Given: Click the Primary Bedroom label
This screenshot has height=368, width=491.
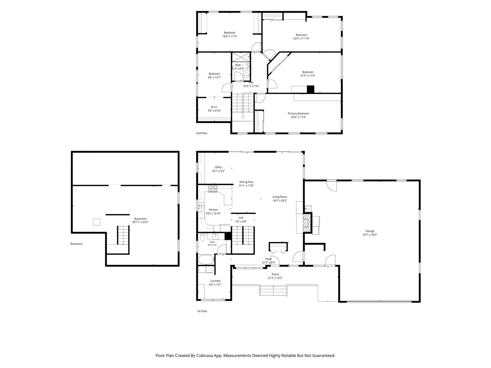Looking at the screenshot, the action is (x=298, y=113).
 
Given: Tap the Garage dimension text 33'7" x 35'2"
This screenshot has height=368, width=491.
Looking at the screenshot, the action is (x=370, y=235).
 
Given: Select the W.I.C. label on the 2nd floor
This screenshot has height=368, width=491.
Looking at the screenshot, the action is (x=214, y=107).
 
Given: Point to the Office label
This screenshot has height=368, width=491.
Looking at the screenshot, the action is (x=218, y=167).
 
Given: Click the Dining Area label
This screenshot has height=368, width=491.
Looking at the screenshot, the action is (x=246, y=182).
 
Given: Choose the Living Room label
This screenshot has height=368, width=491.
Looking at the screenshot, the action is (x=280, y=197).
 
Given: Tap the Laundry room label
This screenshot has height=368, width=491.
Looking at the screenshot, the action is (x=215, y=281).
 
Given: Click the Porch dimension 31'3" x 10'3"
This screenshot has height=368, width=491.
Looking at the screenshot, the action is (x=275, y=278).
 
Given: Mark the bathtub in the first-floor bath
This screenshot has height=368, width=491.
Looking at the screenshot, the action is (x=206, y=260).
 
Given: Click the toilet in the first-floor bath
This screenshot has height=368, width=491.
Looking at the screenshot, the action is (x=202, y=237).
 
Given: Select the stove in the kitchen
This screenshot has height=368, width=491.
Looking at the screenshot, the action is (x=213, y=189).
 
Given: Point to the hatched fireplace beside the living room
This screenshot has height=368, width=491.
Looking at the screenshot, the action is (x=307, y=223).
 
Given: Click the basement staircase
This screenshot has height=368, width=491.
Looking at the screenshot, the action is (x=123, y=235).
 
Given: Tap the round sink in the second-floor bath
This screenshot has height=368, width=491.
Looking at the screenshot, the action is (x=247, y=76).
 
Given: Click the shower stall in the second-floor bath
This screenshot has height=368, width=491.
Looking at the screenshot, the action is (x=241, y=58).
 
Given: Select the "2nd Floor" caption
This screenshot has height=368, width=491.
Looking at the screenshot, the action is (x=202, y=133).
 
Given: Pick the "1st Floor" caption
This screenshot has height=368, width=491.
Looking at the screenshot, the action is (x=202, y=311).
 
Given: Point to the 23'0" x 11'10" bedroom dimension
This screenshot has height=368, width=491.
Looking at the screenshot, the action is (x=301, y=39).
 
